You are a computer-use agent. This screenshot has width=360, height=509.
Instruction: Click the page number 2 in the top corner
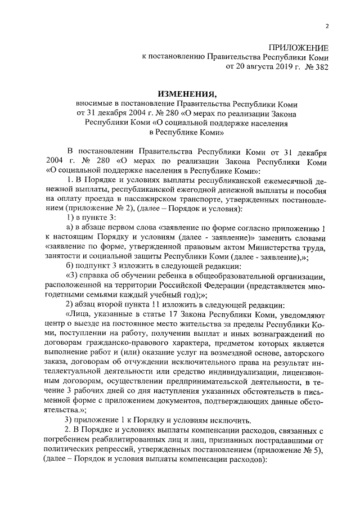(327, 26)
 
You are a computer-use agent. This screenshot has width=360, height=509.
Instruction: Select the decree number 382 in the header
(321, 66)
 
